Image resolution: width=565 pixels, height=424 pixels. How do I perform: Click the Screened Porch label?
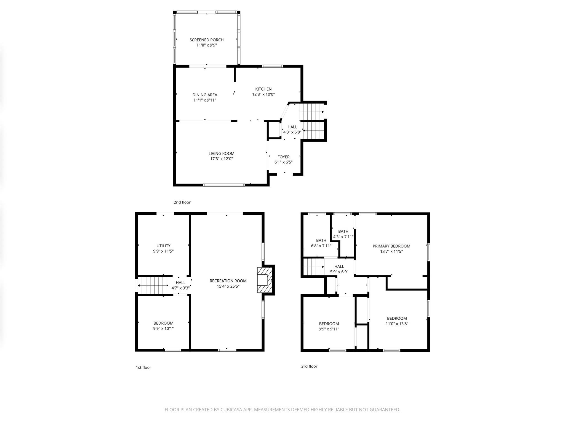pyautogui.click(x=206, y=40)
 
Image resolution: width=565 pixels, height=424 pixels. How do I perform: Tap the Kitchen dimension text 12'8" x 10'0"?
pyautogui.click(x=263, y=94)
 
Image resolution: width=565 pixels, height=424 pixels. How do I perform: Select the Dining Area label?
pyautogui.click(x=205, y=95)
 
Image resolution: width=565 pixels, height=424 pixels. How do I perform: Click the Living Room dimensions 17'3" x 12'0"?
pyautogui.click(x=221, y=159)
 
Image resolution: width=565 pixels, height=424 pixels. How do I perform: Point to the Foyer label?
pyautogui.click(x=283, y=157)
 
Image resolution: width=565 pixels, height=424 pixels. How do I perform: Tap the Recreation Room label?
pyautogui.click(x=228, y=281)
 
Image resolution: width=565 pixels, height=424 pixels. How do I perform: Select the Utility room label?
pyautogui.click(x=163, y=246)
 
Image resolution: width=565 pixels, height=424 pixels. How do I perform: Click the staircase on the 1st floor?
pyautogui.click(x=153, y=285)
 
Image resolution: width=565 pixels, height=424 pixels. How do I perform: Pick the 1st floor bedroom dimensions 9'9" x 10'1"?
pyautogui.click(x=163, y=328)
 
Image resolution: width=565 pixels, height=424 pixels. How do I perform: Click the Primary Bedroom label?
pyautogui.click(x=391, y=246)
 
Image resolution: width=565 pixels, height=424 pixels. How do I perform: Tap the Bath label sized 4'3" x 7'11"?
pyautogui.click(x=343, y=231)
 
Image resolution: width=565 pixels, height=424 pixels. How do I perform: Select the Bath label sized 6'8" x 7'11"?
pyautogui.click(x=321, y=240)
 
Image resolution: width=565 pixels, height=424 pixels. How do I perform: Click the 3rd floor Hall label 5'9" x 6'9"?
pyautogui.click(x=339, y=266)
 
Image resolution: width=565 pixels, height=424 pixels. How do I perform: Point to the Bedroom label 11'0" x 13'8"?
pyautogui.click(x=397, y=318)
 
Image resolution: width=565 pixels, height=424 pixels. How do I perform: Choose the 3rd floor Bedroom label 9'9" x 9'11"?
pyautogui.click(x=329, y=324)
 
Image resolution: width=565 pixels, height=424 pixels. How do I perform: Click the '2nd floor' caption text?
pyautogui.click(x=182, y=202)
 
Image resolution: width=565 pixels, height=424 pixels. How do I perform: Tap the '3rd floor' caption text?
pyautogui.click(x=309, y=366)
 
